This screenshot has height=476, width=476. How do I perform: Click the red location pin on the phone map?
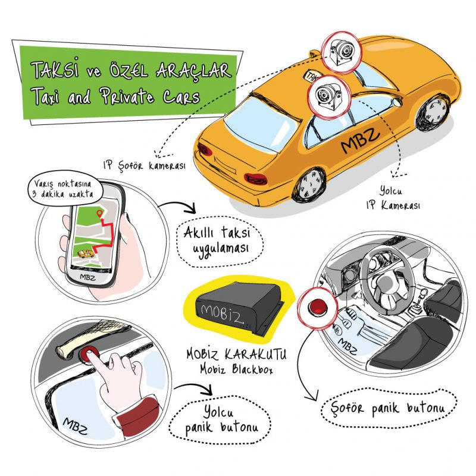[x=99, y=214]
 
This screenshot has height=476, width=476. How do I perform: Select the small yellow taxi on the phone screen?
[x=86, y=254]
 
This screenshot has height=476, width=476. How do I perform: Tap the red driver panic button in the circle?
[x=318, y=306]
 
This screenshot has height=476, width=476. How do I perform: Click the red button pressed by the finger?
[x=89, y=354]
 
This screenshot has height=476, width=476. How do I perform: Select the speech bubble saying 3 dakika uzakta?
[x=64, y=189]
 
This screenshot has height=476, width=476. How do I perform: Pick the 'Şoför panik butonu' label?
[x=389, y=408]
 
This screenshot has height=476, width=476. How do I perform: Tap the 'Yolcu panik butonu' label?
[x=220, y=420]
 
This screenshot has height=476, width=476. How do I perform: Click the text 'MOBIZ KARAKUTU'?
[x=236, y=354]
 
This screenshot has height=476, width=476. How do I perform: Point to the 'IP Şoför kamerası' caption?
[x=144, y=166]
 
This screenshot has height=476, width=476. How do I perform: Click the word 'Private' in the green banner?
[x=127, y=96]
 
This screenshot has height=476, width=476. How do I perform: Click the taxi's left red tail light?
[x=205, y=149]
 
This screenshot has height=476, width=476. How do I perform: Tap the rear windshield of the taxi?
[x=261, y=124]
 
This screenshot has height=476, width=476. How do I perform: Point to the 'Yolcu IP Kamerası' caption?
[x=393, y=198]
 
